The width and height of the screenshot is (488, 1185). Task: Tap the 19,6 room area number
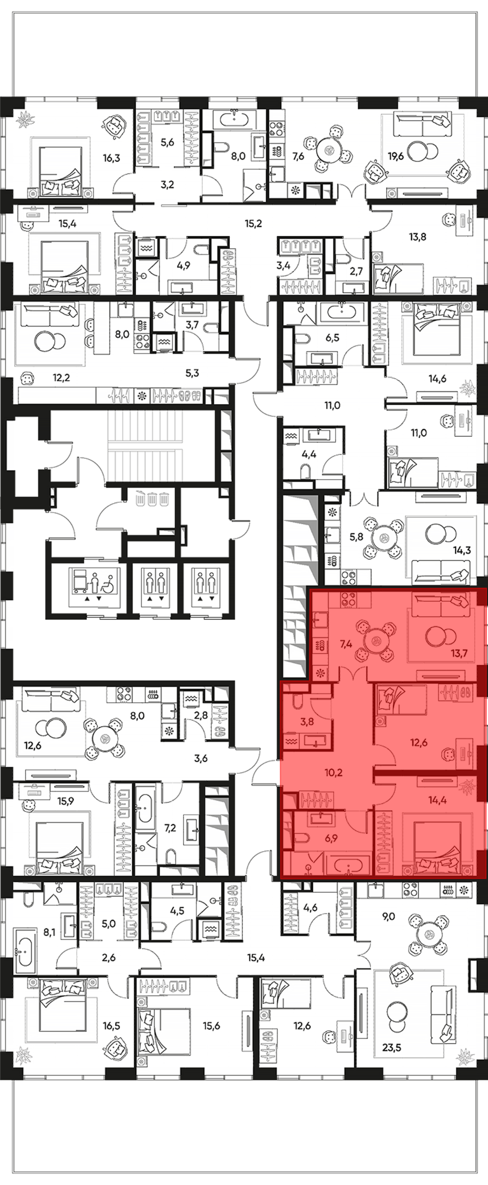click(396, 156)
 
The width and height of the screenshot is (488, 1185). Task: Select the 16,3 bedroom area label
click(111, 158)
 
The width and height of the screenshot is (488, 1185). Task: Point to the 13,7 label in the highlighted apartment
click(459, 653)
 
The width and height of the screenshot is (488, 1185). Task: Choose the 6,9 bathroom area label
click(331, 838)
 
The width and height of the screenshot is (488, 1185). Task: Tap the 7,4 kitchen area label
click(346, 644)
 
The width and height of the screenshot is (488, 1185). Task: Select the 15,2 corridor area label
click(253, 224)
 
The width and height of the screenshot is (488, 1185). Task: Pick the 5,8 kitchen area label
click(356, 537)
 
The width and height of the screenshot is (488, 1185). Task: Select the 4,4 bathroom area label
click(309, 454)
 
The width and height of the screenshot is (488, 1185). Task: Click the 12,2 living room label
click(61, 377)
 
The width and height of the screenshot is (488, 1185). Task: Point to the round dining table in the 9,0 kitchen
click(430, 935)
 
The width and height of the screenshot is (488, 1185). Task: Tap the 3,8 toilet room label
click(307, 722)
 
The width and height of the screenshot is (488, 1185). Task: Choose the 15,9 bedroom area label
click(65, 801)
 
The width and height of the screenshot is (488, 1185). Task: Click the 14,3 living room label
click(462, 551)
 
